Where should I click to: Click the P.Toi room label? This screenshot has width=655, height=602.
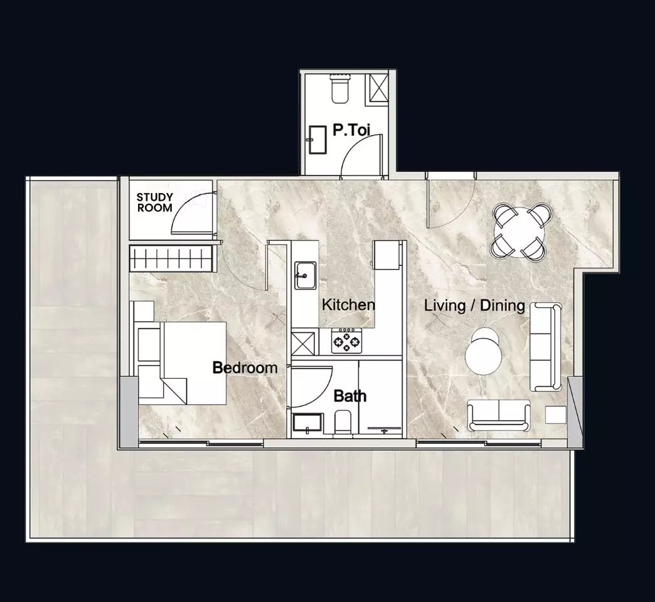351,130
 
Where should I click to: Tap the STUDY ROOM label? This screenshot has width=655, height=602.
154,203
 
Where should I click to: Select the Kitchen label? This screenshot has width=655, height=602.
348,305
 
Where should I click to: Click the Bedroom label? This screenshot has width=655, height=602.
245,368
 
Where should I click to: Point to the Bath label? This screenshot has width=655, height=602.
350,396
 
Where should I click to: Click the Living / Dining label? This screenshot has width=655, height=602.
474,305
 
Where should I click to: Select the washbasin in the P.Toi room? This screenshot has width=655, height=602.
317,140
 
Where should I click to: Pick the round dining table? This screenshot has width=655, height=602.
519,230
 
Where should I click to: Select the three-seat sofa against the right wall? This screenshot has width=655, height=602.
546,347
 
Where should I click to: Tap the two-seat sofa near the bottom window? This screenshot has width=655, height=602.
499,415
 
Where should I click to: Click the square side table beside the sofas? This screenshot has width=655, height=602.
556,415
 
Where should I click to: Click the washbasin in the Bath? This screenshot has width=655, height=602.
307,423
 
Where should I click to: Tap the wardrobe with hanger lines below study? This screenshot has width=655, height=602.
171,258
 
